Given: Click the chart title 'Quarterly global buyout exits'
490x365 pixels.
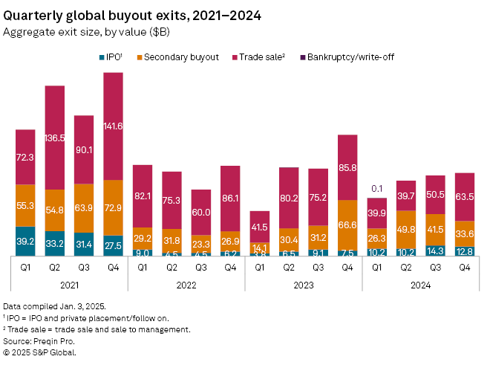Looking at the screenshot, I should [111, 15].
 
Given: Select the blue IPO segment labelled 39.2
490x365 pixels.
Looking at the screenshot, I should [25, 241].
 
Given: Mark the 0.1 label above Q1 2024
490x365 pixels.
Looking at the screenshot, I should [377, 189].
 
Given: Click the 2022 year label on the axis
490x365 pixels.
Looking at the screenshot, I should [186, 285].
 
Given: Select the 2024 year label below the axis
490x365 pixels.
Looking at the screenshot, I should [421, 285].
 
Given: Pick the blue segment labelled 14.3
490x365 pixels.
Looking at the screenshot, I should [436, 251].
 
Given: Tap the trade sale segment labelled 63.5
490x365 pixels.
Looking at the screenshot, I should [465, 196].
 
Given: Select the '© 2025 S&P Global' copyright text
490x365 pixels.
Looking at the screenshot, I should [40, 352].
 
